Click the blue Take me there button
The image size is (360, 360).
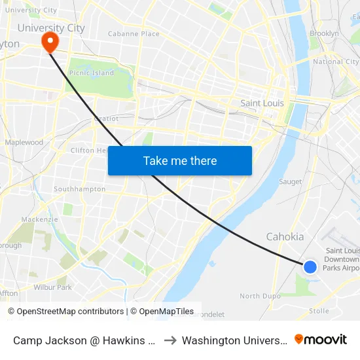coord(180,160)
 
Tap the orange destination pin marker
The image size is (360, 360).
coord(50,43)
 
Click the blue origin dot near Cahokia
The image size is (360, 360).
coord(310,266)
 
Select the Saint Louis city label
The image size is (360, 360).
coord(262,103)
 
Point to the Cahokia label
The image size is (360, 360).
coord(285,237)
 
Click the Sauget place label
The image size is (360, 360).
coord(290,181)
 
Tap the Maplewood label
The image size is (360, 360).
coord(24,142)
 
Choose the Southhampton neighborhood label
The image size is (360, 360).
coord(79,189)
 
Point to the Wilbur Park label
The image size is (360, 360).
coord(52,287)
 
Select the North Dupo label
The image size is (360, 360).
coord(259,296)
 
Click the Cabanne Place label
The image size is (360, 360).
coord(134,33)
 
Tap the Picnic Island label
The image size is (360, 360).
coord(92,73)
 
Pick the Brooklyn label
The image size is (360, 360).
coord(324,33)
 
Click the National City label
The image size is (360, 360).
coord(336,62)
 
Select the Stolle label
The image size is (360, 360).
coord(319,311)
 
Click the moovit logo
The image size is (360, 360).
coord(321,339)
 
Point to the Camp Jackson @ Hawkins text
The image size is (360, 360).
coord(84,340)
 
